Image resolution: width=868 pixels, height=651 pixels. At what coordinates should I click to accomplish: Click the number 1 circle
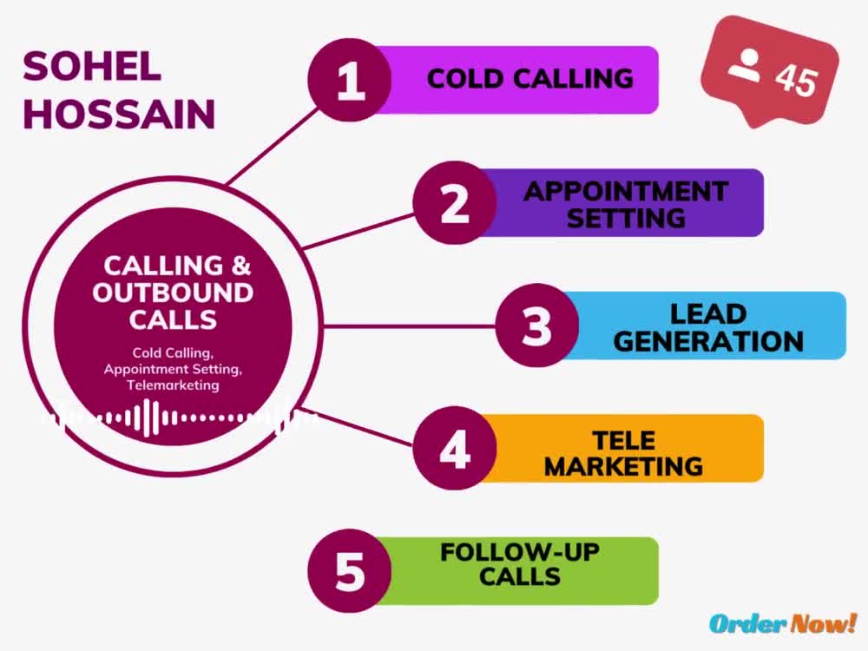click(349, 80)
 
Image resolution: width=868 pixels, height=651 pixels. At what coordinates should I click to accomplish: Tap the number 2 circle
click(455, 202)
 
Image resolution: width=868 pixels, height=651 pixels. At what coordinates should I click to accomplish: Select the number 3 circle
click(537, 325)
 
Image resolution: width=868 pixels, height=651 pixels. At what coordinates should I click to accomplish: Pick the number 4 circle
click(455, 448)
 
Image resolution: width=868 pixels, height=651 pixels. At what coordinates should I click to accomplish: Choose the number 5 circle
click(349, 571)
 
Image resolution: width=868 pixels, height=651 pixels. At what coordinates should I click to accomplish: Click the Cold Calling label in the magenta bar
click(529, 79)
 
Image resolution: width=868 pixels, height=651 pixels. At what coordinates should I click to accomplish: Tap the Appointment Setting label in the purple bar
click(626, 204)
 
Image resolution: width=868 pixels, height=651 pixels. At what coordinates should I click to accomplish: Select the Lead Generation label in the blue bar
click(708, 327)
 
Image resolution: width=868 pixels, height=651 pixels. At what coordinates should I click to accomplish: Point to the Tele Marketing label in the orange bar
click(624, 453)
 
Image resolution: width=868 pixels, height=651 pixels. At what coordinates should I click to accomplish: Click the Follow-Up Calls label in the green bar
click(520, 564)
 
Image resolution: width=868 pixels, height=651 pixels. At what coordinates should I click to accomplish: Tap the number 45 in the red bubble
click(796, 80)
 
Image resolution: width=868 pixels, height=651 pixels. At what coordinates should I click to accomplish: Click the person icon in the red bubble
click(745, 65)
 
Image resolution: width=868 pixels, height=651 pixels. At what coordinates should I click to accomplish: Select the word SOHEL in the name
click(92, 67)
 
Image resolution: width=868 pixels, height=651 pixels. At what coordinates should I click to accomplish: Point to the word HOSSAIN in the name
click(118, 114)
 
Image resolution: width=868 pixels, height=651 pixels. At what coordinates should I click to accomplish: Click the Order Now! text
click(783, 623)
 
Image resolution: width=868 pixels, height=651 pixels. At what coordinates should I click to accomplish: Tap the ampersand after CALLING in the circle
click(240, 265)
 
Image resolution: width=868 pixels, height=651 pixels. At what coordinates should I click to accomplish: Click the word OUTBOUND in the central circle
click(173, 293)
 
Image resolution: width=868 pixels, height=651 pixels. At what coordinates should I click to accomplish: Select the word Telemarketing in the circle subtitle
click(173, 385)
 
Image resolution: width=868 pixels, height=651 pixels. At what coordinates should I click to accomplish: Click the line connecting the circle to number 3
click(409, 326)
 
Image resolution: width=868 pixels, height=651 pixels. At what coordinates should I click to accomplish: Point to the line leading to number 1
click(273, 145)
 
